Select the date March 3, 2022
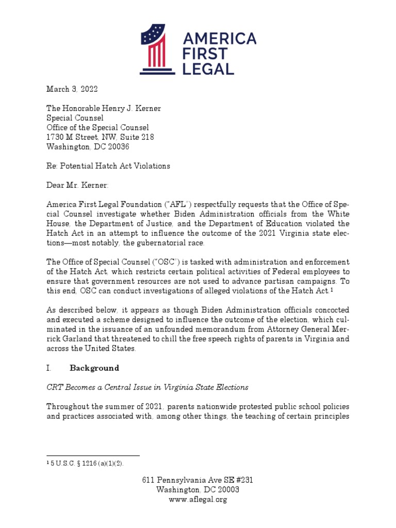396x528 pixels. click(x=72, y=89)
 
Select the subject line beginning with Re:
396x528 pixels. click(x=108, y=166)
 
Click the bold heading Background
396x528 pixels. click(x=94, y=368)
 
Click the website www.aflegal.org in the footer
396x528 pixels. click(x=198, y=499)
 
